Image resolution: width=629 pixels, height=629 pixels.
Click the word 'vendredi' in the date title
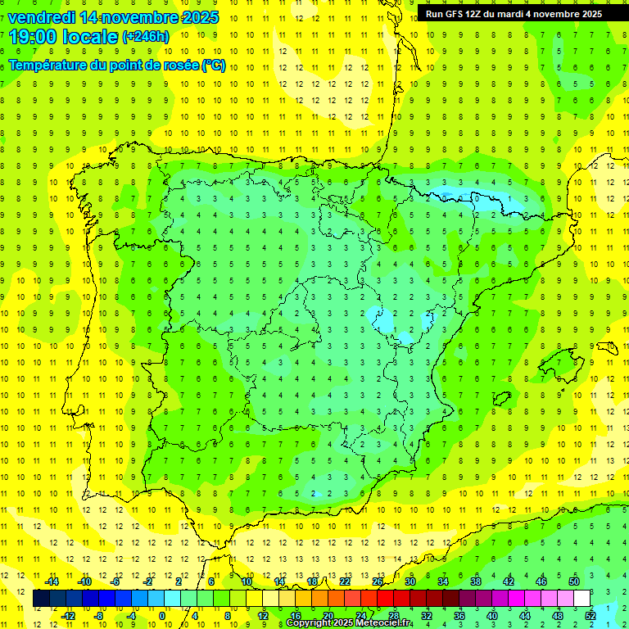click(42, 17)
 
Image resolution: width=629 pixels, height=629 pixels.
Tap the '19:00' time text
click(29, 37)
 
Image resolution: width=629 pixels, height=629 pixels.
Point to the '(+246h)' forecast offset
click(146, 37)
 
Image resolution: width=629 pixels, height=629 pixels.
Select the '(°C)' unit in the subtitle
click(214, 66)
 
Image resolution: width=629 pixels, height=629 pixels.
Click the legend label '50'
click(574, 581)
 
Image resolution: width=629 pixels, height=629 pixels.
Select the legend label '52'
click(590, 615)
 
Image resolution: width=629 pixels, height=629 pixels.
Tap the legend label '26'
click(378, 581)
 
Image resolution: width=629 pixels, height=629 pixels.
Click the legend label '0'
click(162, 615)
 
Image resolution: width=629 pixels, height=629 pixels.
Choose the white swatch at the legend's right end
click(582, 599)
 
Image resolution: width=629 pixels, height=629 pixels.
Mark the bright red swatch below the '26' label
click(385, 599)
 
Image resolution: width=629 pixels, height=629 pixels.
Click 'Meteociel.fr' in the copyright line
click(383, 623)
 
